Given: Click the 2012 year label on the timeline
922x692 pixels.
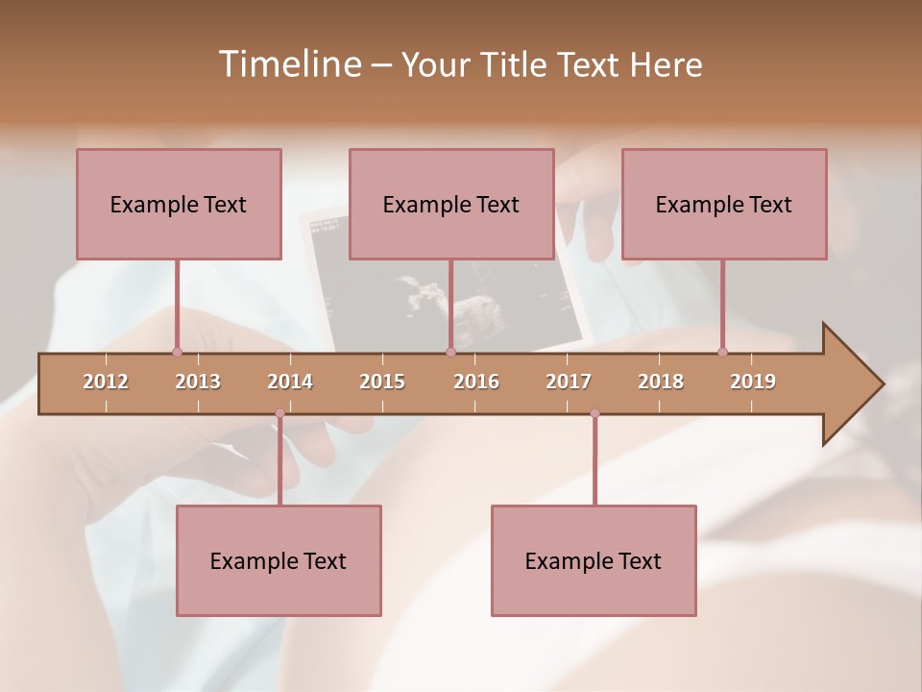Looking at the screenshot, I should (106, 382).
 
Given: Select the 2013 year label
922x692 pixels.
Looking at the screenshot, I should (198, 382).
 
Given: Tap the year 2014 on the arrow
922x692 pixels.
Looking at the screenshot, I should (290, 382).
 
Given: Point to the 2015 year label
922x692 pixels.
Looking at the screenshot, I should (382, 382).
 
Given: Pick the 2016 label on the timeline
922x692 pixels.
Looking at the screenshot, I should (476, 382).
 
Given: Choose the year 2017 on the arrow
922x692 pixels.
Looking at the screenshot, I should (569, 382).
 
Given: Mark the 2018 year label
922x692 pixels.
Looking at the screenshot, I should (661, 382).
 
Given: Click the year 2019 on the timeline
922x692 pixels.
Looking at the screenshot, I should (753, 382).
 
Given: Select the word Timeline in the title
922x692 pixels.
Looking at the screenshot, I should (288, 64).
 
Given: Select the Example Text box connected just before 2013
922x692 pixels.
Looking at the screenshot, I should (179, 205).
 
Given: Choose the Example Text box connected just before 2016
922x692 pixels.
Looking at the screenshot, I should (451, 205).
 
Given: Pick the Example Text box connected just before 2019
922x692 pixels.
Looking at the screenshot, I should (724, 205).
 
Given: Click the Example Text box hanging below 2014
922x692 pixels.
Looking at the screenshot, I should (279, 561).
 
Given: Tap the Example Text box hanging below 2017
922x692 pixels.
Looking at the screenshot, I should (594, 561).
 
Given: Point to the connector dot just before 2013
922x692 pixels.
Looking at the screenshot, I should (177, 352).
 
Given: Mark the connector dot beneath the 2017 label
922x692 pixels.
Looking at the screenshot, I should (594, 413).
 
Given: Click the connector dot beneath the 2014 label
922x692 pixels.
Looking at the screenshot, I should (279, 413).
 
